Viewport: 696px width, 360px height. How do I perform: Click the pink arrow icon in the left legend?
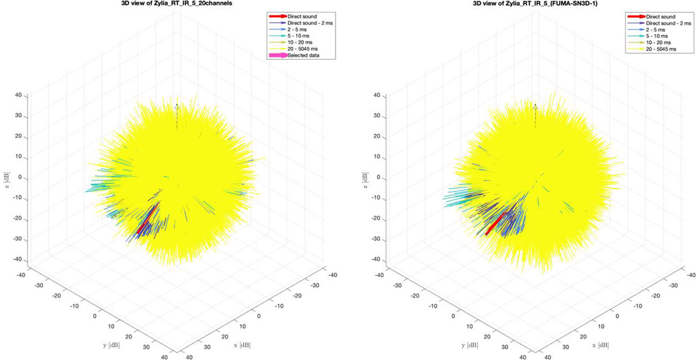tap(278, 55)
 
